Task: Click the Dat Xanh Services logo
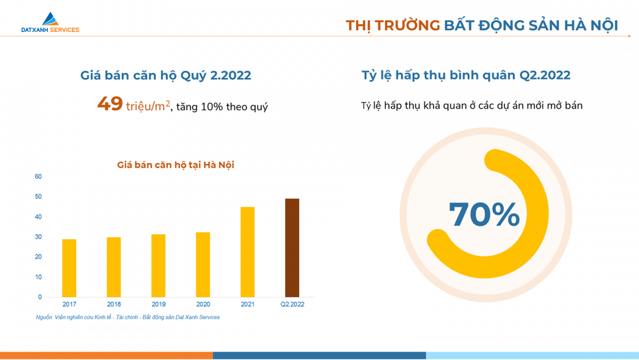(x=50, y=22)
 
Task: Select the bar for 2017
(x=69, y=269)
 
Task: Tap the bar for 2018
(x=114, y=267)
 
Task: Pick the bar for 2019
(x=158, y=266)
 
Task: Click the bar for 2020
(x=203, y=265)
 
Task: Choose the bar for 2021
(x=247, y=252)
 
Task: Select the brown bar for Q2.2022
(x=292, y=248)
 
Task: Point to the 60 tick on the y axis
(x=38, y=176)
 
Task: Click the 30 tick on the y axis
(x=38, y=237)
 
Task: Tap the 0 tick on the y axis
(x=40, y=297)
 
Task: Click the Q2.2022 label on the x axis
(x=292, y=304)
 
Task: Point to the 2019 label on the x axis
(x=158, y=304)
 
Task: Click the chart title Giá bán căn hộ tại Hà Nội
(x=176, y=165)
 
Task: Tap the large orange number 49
(x=110, y=104)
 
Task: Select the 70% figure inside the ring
(x=484, y=214)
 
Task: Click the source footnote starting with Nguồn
(x=128, y=317)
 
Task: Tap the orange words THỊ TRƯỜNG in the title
(x=393, y=26)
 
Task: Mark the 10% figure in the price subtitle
(x=212, y=107)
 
